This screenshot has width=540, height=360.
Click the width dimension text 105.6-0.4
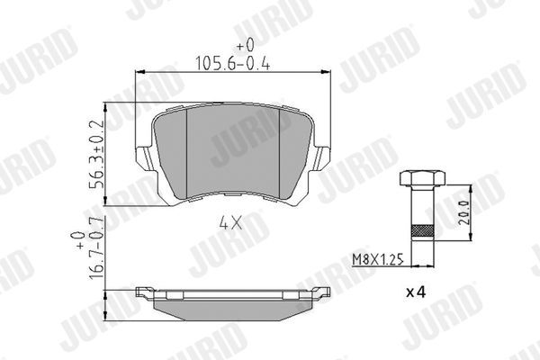coord(231,62)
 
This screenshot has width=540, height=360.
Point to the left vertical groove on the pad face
coord(187,148)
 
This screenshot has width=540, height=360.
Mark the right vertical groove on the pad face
coord(278,148)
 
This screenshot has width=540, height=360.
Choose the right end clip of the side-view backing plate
coord(321,292)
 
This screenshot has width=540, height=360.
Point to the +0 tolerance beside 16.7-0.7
coord(78,240)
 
